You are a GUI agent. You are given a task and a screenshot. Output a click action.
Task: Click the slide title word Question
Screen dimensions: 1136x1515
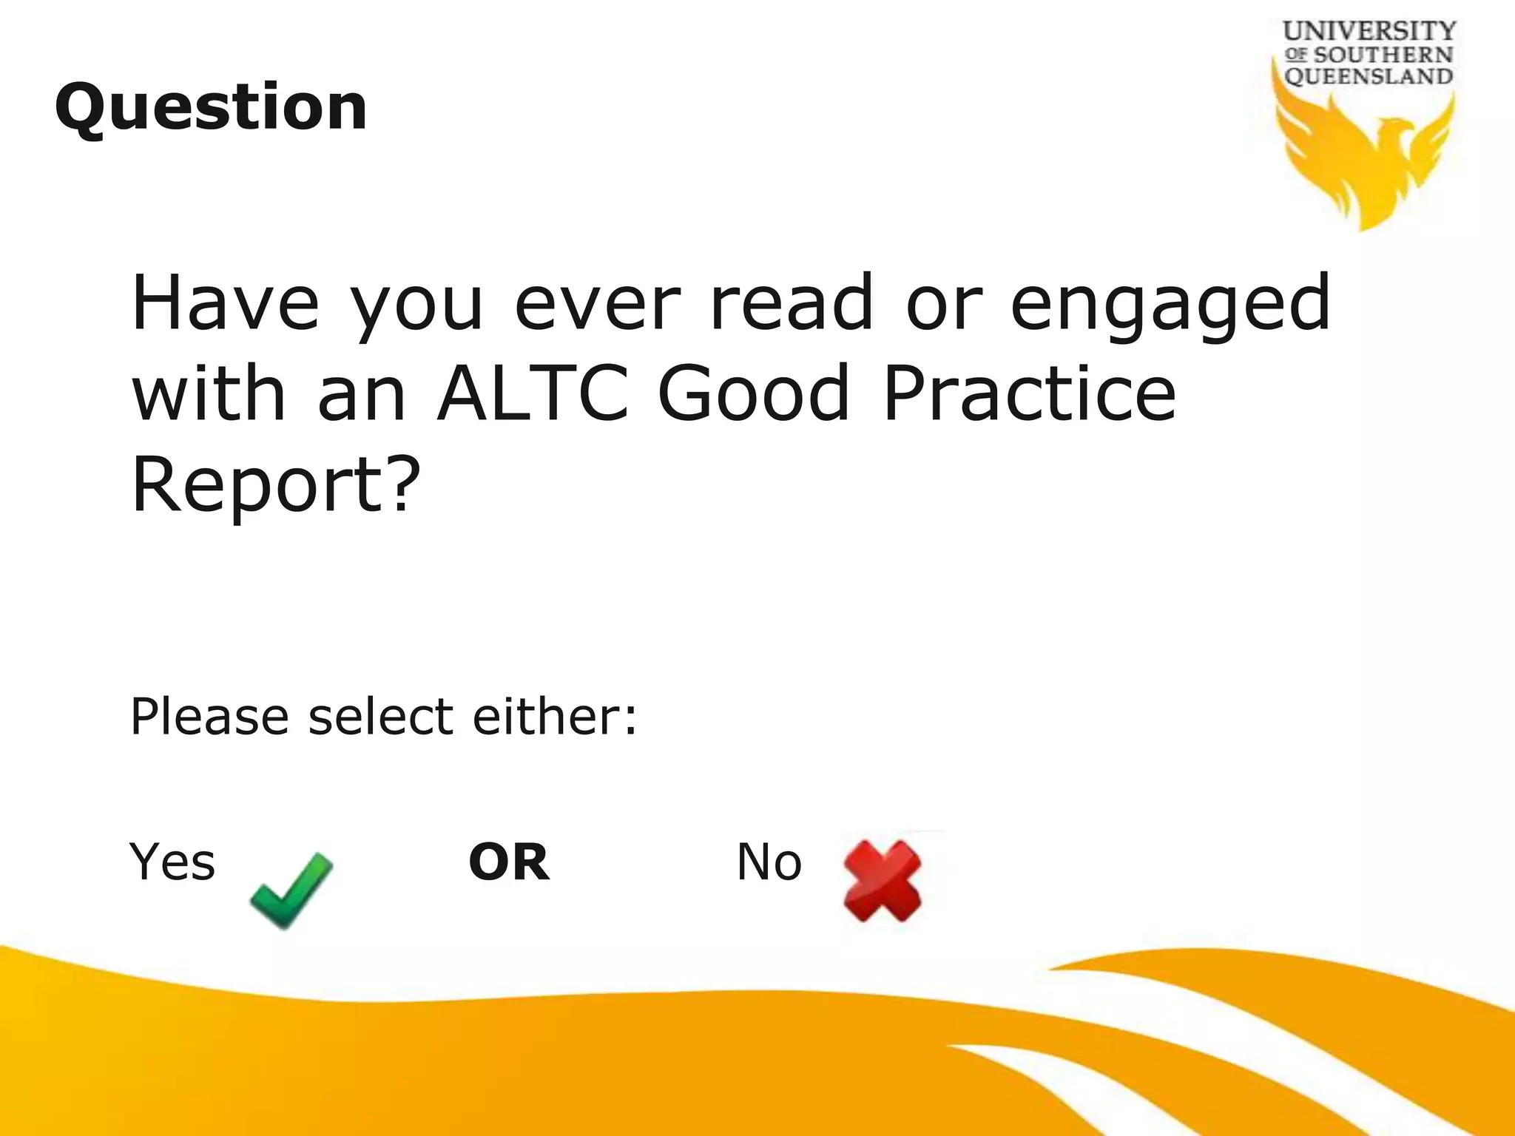coord(211,108)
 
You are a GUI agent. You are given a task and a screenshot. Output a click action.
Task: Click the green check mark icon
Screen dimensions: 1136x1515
coord(291,889)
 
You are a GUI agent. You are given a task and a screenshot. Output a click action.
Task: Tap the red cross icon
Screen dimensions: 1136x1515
coord(883,882)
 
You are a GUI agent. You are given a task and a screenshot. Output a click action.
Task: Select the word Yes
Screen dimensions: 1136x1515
coord(172,862)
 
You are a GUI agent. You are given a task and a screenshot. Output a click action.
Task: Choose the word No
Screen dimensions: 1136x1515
coord(769,862)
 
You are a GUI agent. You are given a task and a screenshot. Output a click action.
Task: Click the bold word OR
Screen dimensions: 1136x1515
coord(509,862)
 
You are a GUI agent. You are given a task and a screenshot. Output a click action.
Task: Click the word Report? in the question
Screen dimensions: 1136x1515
coord(276,485)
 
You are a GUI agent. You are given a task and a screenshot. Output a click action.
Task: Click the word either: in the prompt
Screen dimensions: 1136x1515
coord(555,717)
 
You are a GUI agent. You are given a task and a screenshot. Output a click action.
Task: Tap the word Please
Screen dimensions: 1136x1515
coord(209,717)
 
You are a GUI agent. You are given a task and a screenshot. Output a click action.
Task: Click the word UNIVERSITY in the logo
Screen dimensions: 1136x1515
coord(1369,32)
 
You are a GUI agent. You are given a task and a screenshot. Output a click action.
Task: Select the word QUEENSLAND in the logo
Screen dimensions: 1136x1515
coord(1369,76)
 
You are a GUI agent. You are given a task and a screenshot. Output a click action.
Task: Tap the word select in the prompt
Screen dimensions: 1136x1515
coord(380,717)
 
